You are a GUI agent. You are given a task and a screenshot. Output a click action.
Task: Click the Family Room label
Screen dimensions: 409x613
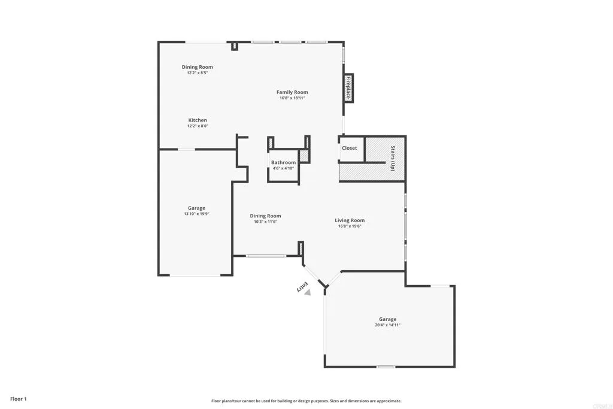coord(292,92)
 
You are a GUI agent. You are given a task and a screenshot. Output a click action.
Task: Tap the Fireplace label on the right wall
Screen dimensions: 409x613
coord(348,88)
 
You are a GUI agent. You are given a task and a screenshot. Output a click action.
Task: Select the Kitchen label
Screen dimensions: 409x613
coord(198,120)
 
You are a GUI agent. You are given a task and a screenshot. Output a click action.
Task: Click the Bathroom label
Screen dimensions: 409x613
coord(283,162)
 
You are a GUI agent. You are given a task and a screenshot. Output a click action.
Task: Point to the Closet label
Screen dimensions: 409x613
coord(350,148)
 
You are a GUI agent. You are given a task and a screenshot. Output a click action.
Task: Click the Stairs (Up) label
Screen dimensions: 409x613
coord(393,159)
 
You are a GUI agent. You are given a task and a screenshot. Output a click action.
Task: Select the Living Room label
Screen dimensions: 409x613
coord(350,220)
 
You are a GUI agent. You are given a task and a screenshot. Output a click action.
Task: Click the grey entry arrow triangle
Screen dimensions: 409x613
coord(308,293)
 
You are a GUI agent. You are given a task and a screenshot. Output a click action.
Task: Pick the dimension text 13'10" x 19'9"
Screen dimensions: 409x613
coord(196,214)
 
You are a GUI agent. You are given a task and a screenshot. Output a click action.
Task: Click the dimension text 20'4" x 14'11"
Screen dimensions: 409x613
coord(387,325)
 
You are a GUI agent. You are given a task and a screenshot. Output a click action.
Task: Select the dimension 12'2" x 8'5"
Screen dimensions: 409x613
coord(198,72)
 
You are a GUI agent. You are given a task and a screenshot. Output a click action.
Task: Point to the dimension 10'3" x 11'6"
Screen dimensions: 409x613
coord(265,222)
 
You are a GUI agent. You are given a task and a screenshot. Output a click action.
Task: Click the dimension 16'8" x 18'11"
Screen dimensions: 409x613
coord(292,98)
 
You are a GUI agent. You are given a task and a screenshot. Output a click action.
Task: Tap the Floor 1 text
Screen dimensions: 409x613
coord(19,399)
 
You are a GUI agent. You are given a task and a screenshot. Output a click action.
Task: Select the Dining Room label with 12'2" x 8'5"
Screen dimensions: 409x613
coord(198,67)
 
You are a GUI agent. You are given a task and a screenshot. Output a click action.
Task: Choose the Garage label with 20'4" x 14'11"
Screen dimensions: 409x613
coord(387,319)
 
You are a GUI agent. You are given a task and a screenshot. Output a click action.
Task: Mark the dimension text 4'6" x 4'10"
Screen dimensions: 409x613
coord(283,168)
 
